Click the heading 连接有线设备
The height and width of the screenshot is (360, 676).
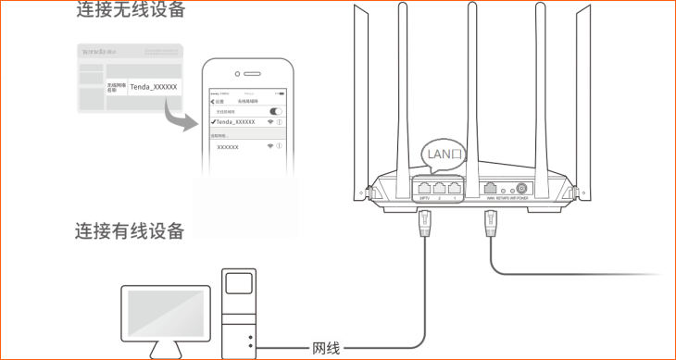130,230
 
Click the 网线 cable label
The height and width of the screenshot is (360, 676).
326,349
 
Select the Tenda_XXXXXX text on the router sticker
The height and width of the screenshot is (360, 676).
154,86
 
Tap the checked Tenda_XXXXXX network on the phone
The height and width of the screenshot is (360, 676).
233,122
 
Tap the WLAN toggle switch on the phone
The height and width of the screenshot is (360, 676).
275,111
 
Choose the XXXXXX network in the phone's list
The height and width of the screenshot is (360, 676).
228,147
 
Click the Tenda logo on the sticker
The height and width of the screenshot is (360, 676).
95,53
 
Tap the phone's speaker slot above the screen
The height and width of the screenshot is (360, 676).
247,74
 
